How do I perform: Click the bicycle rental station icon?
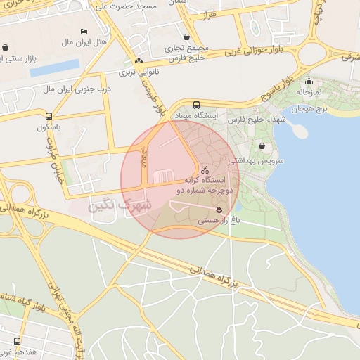click(205, 169)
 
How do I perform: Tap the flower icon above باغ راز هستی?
click(219, 210)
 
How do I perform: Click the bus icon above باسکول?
click(49, 117)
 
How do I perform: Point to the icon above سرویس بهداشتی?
click(262, 146)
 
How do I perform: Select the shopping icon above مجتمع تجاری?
click(186, 37)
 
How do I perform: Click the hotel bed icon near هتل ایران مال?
click(84, 32)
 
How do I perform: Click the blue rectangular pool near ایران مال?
click(54, 67)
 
